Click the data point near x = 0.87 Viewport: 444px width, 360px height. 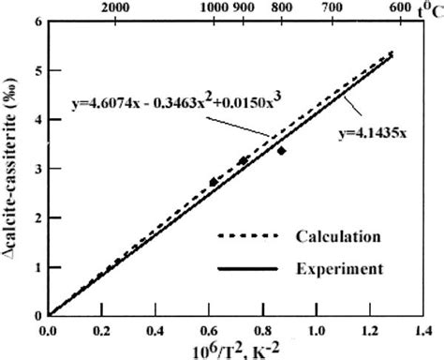281,150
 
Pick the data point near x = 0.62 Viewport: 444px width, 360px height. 214,181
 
